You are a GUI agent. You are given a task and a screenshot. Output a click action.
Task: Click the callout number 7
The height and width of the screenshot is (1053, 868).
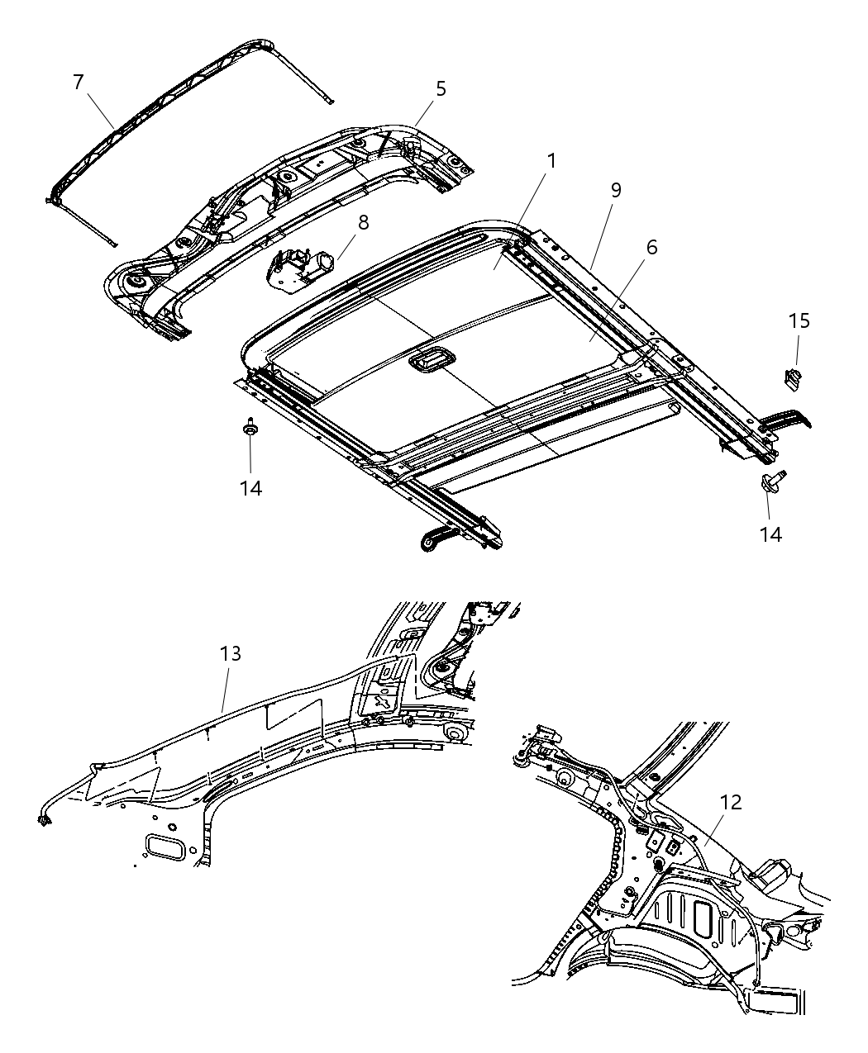click(x=78, y=82)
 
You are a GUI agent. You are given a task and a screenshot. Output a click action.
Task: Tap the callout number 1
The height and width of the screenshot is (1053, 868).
click(x=551, y=160)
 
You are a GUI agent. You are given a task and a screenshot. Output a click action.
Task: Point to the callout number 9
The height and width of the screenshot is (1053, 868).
click(x=615, y=190)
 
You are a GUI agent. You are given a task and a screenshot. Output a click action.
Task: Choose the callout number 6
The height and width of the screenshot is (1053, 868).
click(x=651, y=247)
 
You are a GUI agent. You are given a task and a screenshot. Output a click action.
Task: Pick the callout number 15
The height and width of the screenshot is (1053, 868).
click(x=799, y=320)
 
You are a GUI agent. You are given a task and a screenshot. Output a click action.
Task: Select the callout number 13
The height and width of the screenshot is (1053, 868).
click(x=231, y=654)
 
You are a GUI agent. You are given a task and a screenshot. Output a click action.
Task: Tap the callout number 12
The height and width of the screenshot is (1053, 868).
click(x=731, y=802)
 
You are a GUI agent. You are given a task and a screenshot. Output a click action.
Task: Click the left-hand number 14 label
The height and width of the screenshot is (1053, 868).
click(x=250, y=488)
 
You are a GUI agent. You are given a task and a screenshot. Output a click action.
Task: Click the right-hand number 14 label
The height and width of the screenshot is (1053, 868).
click(x=770, y=534)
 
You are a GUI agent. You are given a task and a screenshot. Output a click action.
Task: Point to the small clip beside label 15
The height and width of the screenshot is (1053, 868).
click(x=791, y=377)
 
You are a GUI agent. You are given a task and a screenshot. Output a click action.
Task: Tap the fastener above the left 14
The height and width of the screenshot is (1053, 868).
click(x=249, y=429)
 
